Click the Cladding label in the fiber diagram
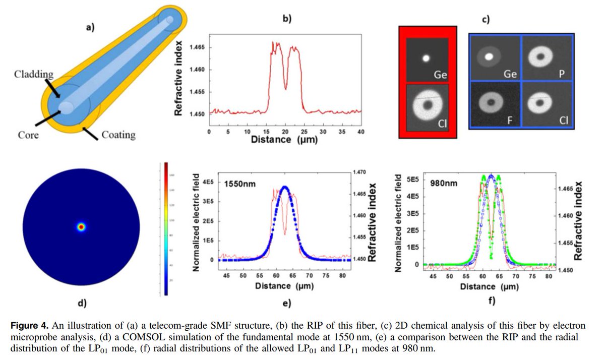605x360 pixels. pos(33,75)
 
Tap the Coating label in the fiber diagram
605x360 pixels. pos(118,135)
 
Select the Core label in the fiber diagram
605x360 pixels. pos(28,136)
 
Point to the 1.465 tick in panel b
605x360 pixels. pos(197,47)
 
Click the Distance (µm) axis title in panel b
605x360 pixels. pos(284,139)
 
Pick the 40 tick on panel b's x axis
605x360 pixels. pos(361,131)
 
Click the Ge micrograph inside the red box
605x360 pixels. pos(427,59)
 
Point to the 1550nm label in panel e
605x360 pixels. pos(239,184)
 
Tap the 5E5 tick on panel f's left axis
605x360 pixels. pos(413,179)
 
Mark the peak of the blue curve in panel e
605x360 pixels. pos(285,187)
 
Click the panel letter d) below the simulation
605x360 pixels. pos(81,303)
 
